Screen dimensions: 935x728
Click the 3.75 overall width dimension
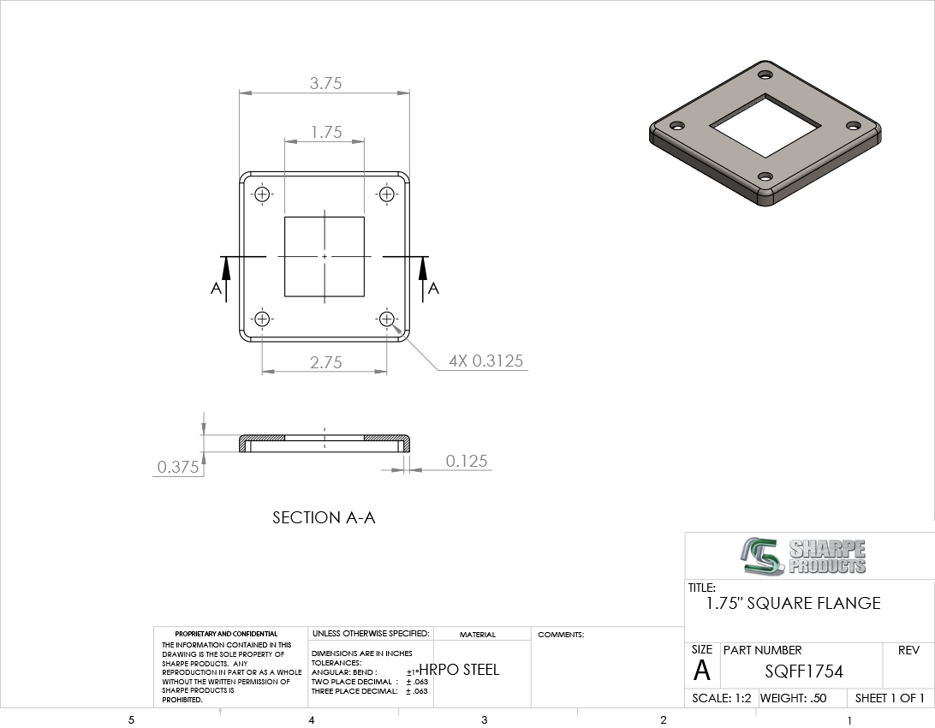pyautogui.click(x=325, y=83)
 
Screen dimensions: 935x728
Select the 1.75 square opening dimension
pyautogui.click(x=326, y=132)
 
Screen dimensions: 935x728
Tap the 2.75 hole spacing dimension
pyautogui.click(x=325, y=362)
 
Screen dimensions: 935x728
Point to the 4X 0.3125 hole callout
pyautogui.click(x=485, y=361)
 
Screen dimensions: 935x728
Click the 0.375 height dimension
pyautogui.click(x=178, y=467)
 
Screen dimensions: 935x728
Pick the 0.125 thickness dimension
pyautogui.click(x=467, y=461)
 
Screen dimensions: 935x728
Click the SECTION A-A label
pyautogui.click(x=324, y=517)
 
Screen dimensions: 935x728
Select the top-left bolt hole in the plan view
pyautogui.click(x=262, y=194)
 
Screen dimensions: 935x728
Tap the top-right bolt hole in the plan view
pyautogui.click(x=386, y=194)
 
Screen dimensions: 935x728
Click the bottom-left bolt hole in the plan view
pyautogui.click(x=262, y=319)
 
